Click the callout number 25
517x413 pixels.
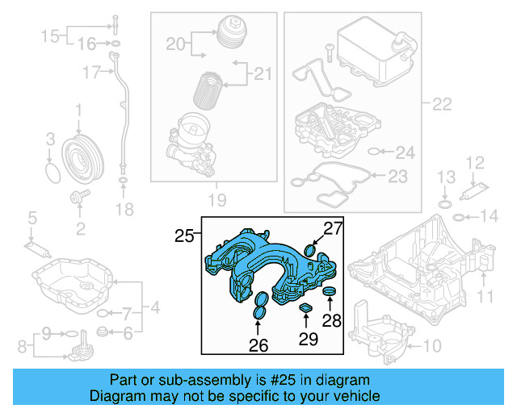tap(184, 236)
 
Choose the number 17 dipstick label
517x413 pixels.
tap(90, 73)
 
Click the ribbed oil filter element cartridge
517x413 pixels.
tap(212, 89)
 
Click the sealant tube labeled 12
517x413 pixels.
tap(471, 193)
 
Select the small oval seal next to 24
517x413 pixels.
tap(372, 151)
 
